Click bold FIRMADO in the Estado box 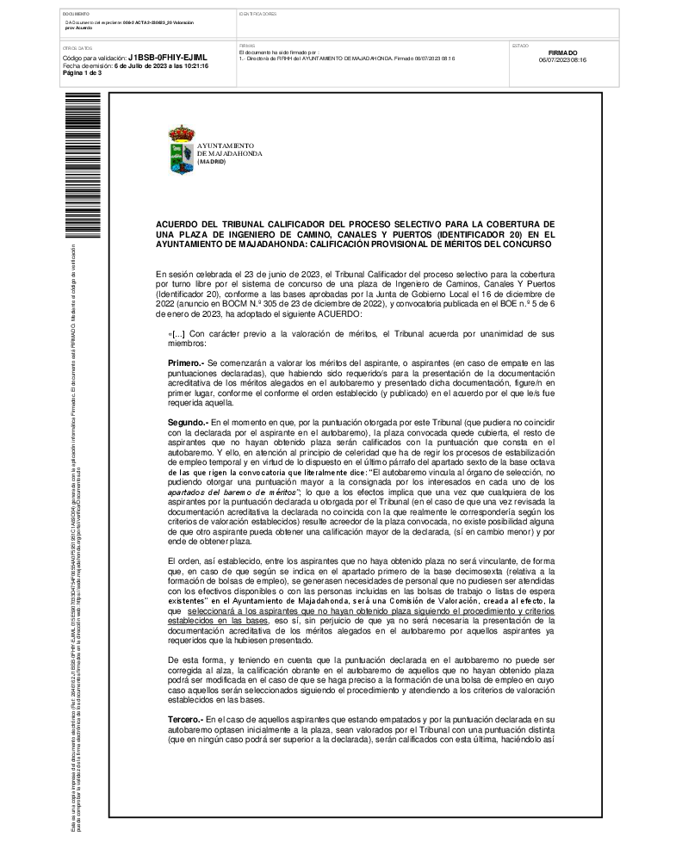(x=562, y=53)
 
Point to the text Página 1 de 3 (x=83, y=73)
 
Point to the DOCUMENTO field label (x=76, y=15)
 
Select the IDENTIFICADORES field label (x=257, y=15)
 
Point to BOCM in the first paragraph (x=328, y=304)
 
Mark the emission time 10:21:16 (x=193, y=65)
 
